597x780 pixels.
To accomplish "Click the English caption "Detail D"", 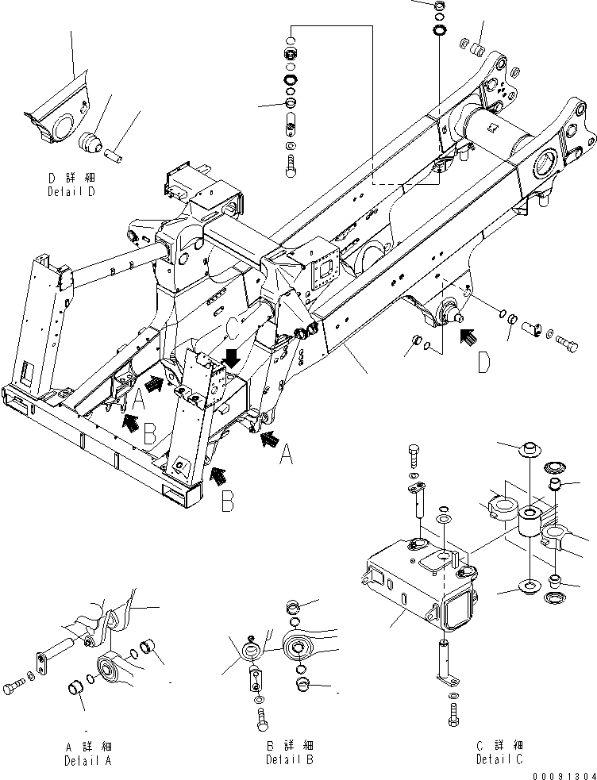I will click(73, 192).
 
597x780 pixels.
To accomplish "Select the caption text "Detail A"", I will click(88, 760).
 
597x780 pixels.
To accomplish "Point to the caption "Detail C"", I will click(499, 760).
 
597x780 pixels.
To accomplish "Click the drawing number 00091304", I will click(564, 774).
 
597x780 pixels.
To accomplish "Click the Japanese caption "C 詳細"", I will click(499, 745).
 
